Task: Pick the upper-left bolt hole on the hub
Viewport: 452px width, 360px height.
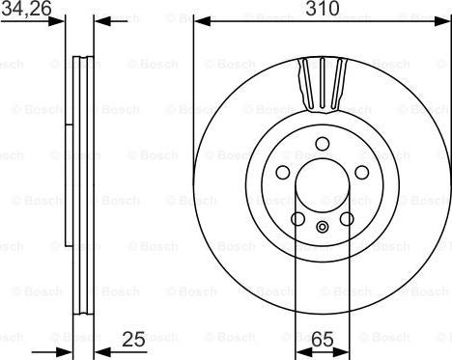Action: coord(283,172)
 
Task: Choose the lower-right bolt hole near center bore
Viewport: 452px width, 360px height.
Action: coord(346,219)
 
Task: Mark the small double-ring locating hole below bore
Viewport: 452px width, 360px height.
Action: coord(322,229)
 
